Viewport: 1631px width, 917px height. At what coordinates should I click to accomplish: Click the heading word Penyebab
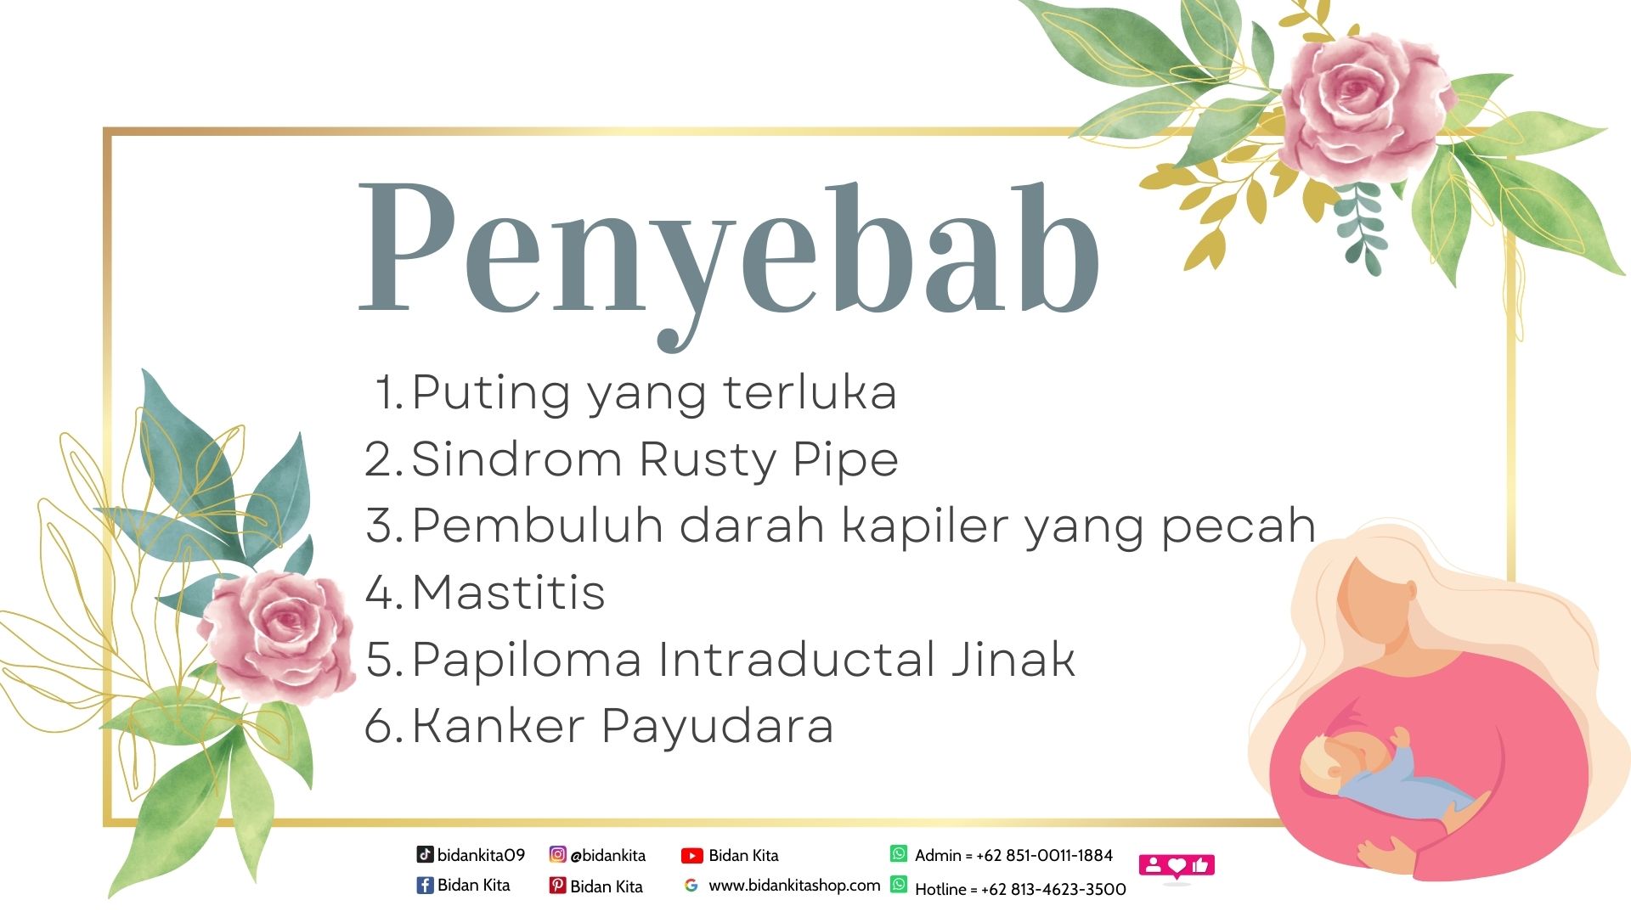[731, 255]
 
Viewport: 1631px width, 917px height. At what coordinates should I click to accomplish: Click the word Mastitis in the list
[508, 592]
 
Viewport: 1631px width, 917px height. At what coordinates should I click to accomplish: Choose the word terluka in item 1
[810, 392]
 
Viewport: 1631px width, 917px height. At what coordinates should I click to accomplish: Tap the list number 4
[381, 592]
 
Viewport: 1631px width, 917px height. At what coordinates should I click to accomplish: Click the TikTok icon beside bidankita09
[425, 854]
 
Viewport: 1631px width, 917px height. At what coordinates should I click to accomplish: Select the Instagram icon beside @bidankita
[557, 854]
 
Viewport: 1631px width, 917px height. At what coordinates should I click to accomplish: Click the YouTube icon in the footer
[692, 856]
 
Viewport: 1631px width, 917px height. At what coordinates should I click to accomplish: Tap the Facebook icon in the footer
[425, 886]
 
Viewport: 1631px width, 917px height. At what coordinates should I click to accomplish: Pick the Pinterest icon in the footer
[557, 886]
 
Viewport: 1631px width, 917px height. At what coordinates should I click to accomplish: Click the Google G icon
[691, 886]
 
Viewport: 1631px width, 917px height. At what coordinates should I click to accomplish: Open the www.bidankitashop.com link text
[794, 886]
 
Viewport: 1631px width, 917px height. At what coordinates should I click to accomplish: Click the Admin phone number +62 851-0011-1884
[1044, 855]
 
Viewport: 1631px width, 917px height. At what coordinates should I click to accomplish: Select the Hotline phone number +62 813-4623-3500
[1053, 889]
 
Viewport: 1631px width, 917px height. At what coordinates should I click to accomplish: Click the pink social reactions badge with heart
[1177, 866]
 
